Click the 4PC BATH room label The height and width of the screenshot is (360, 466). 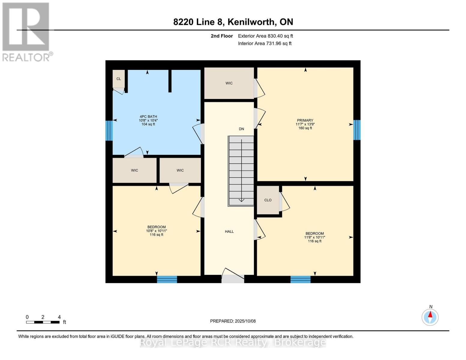[148, 117]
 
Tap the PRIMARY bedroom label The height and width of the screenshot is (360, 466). [305, 120]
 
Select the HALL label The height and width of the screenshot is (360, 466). [229, 232]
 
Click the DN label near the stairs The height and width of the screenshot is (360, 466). [241, 129]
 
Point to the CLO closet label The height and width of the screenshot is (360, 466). [268, 200]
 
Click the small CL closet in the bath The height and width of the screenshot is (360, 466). [119, 79]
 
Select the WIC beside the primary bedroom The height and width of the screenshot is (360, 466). [229, 83]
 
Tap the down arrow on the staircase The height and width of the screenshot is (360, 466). [241, 200]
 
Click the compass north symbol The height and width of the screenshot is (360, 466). [430, 317]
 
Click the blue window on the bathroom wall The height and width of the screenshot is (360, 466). [109, 130]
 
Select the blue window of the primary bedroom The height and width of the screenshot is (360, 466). [357, 130]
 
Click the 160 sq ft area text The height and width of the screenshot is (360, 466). [305, 128]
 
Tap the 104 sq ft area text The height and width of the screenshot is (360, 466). [148, 124]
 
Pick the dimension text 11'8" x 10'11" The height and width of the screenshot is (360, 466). [314, 237]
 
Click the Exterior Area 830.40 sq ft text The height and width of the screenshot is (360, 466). [265, 36]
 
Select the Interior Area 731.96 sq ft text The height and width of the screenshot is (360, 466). [265, 43]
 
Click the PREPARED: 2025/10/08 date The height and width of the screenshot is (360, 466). [233, 321]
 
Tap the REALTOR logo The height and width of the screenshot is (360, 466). [26, 31]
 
